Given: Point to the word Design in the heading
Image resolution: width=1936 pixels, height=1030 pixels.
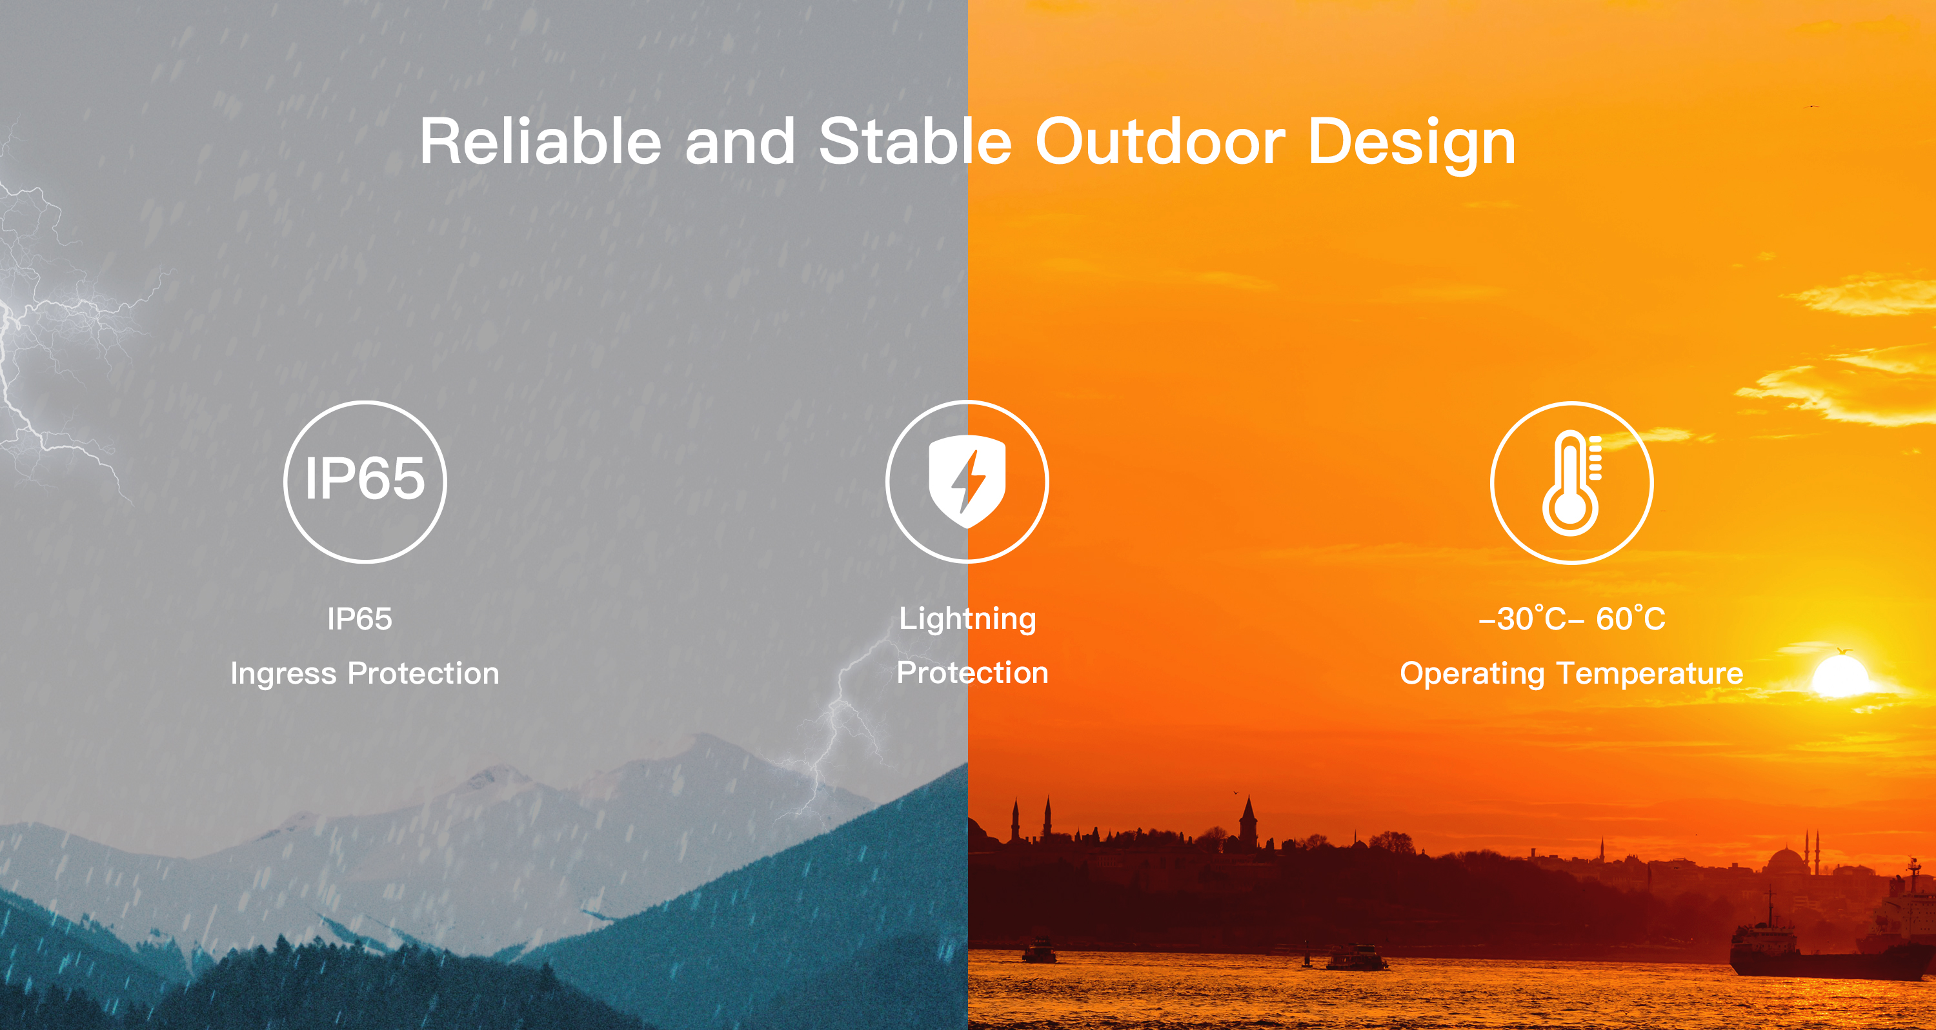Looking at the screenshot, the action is pyautogui.click(x=1411, y=144).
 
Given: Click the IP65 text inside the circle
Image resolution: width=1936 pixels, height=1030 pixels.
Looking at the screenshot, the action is pyautogui.click(x=365, y=479).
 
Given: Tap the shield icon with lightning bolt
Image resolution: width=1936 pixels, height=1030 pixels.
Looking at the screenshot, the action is pyautogui.click(x=967, y=480).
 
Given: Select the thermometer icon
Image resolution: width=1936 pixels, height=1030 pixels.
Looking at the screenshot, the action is pyautogui.click(x=1571, y=482).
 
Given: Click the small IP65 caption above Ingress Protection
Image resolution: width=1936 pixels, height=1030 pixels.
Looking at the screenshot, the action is pyautogui.click(x=359, y=619).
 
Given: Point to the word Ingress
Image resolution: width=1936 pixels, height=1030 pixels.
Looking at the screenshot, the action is pyautogui.click(x=283, y=674).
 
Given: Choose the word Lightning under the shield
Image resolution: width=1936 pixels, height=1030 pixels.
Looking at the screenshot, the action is pyautogui.click(x=967, y=619).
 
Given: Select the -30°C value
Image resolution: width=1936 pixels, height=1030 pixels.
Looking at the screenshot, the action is pyautogui.click(x=1522, y=619).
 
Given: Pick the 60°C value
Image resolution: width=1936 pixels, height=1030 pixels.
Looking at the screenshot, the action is pyautogui.click(x=1631, y=619).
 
